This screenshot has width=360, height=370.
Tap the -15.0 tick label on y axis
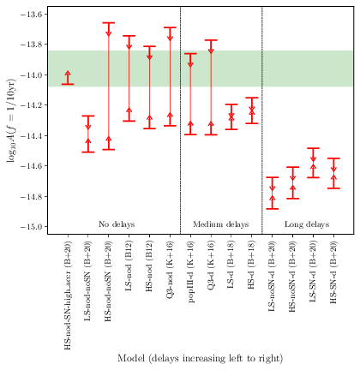(x=32, y=227)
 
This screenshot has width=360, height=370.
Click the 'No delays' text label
(x=117, y=224)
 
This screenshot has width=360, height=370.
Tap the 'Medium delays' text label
(x=220, y=224)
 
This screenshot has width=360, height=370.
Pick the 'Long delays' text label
(x=305, y=224)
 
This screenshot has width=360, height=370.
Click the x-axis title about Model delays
(x=198, y=357)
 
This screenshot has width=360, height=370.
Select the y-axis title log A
(x=11, y=121)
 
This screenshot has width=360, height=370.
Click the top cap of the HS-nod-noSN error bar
(x=109, y=23)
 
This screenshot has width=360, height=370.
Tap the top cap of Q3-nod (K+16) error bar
(x=170, y=27)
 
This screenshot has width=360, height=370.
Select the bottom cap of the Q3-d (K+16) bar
(x=211, y=134)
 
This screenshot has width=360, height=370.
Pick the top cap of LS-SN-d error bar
(x=313, y=148)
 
